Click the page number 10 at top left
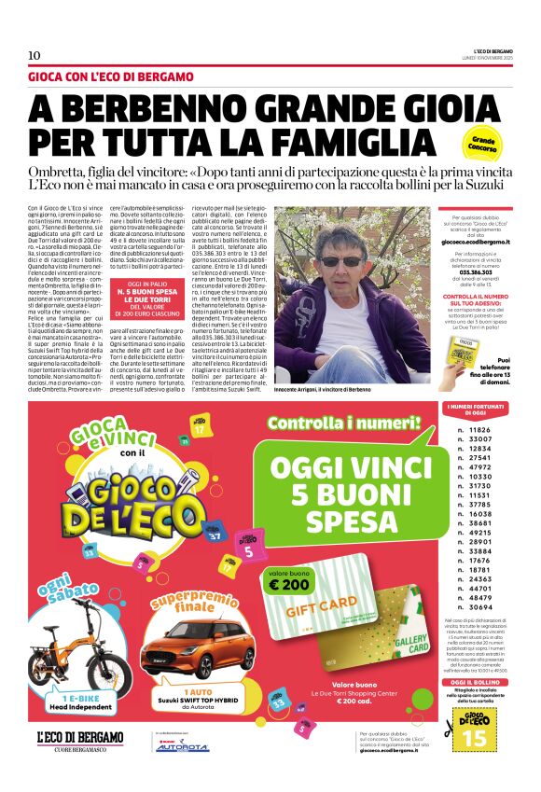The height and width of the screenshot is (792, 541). [x=34, y=55]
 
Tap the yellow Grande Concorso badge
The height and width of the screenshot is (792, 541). [x=483, y=145]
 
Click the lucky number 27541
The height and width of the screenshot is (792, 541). [x=479, y=458]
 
